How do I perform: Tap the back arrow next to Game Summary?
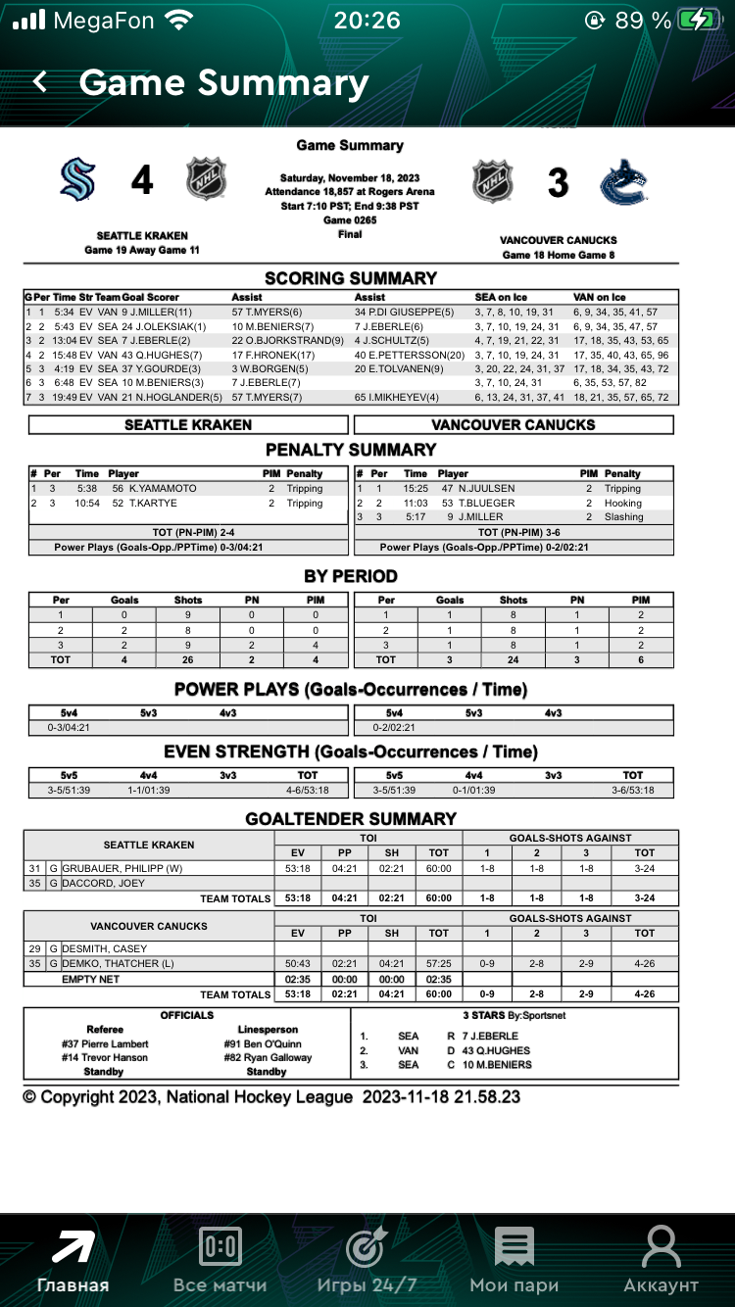40,82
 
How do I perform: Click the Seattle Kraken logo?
77,180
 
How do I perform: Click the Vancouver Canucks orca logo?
623,181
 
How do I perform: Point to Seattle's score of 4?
142,181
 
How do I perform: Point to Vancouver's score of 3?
558,182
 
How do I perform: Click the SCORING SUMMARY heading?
351,278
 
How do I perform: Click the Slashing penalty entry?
623,516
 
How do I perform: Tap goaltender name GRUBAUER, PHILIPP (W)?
122,868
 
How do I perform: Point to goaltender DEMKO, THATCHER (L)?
118,963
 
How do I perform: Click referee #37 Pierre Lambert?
105,1044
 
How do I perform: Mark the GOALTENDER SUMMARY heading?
351,818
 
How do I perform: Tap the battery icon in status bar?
702,20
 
